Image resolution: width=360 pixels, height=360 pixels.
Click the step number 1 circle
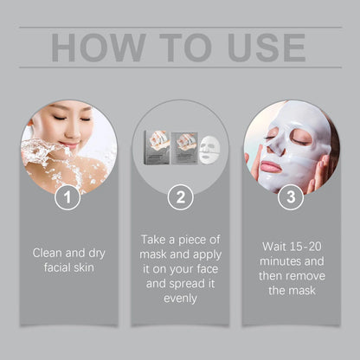[68, 197]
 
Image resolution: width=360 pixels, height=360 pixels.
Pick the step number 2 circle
[179, 197]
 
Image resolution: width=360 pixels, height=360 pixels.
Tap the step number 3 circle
[290, 197]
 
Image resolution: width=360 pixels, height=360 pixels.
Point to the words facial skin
[69, 268]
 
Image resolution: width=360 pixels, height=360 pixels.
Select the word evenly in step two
[179, 298]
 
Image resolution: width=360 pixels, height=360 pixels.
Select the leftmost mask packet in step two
[156, 148]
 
